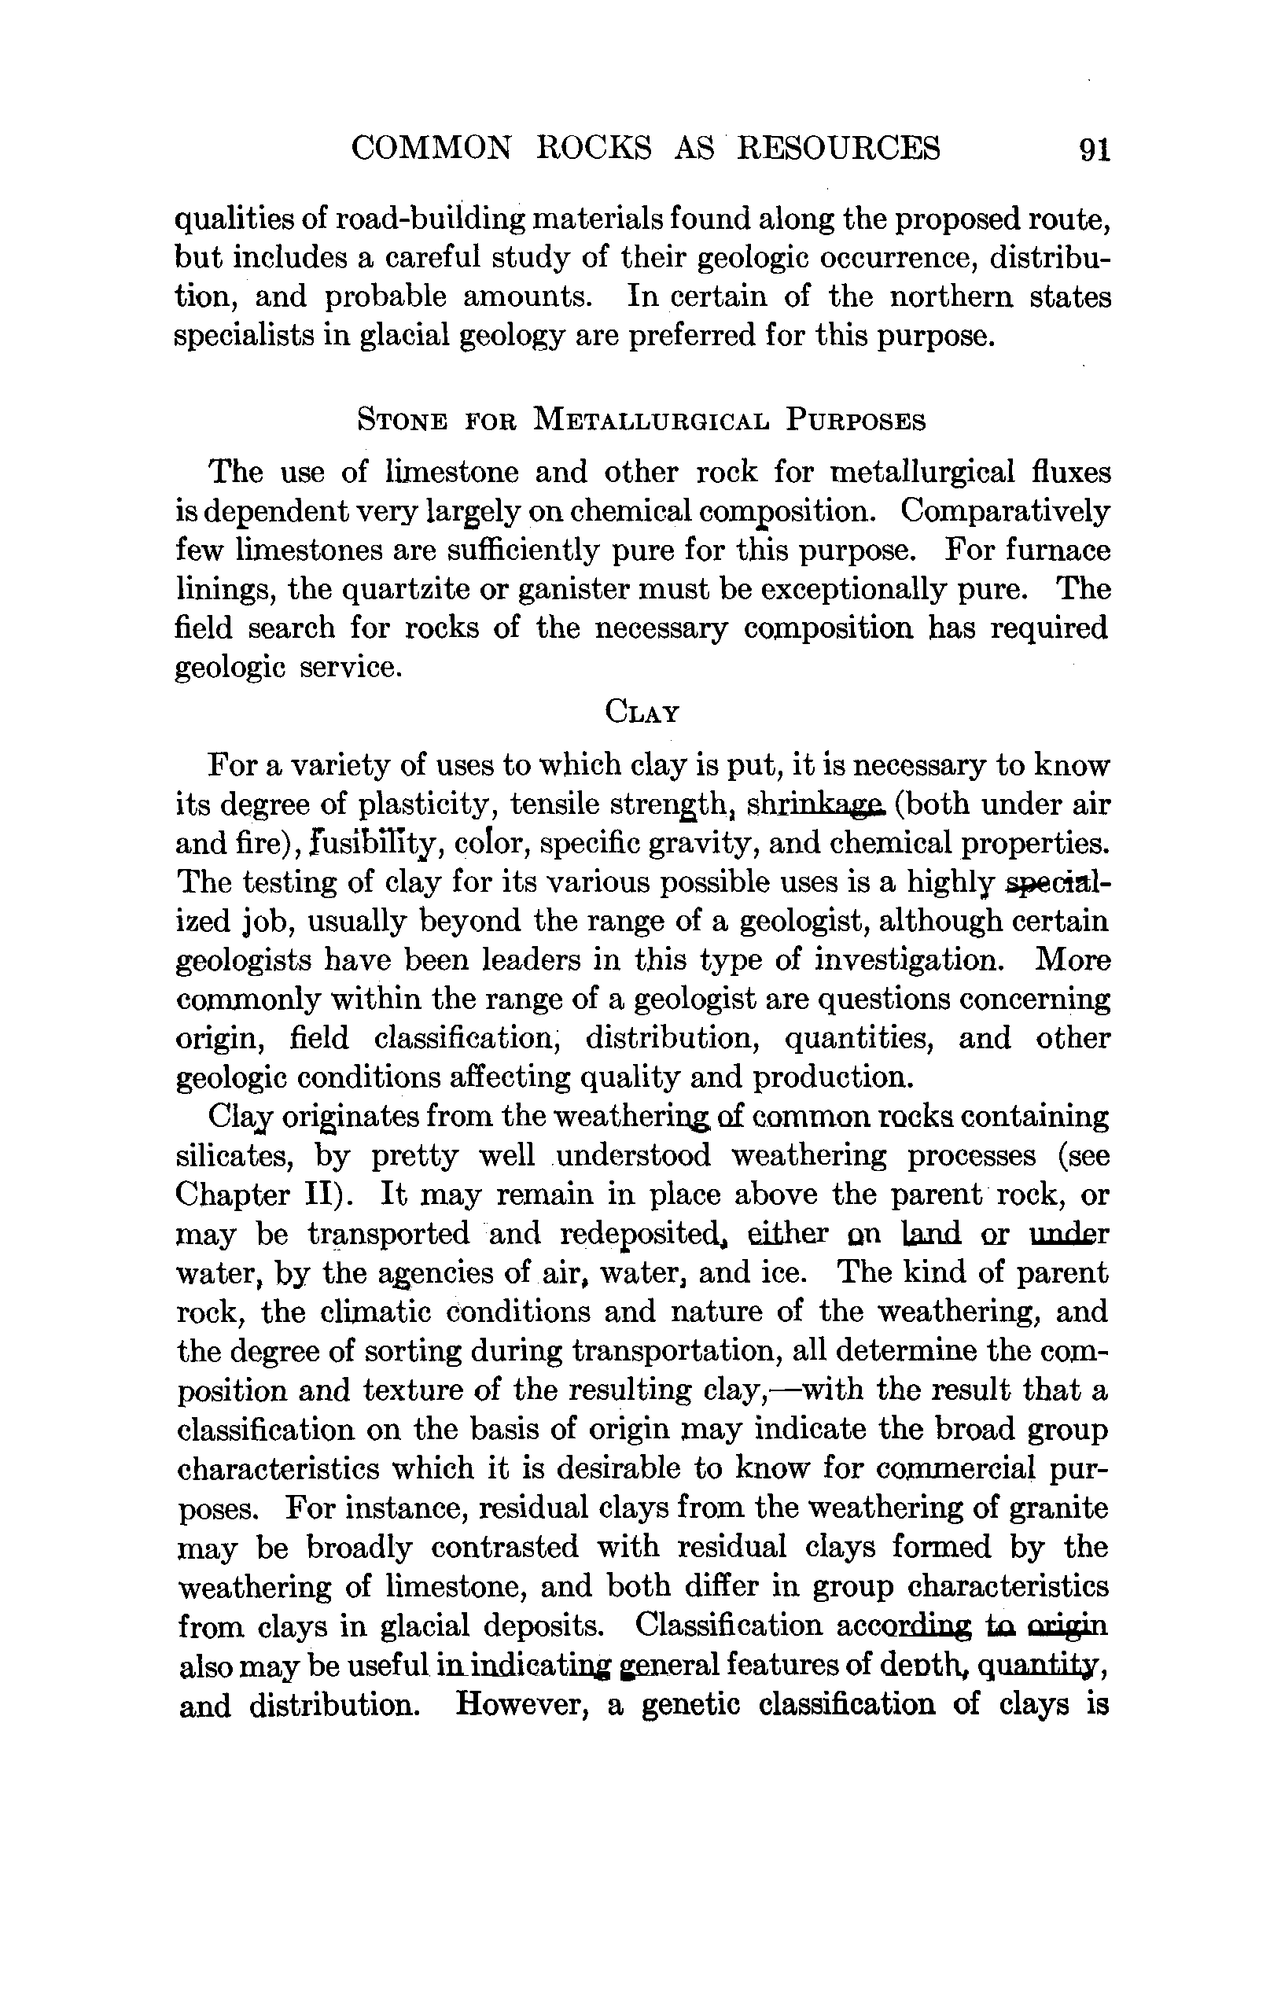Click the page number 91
(1094, 149)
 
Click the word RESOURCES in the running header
(839, 148)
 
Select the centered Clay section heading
(642, 712)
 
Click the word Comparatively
(1006, 510)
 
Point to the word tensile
(551, 805)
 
